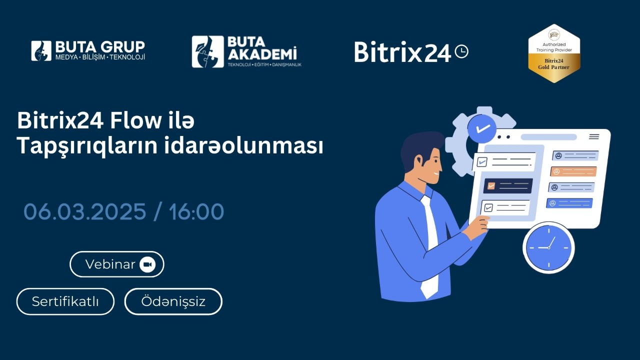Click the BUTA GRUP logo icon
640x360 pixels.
(41, 51)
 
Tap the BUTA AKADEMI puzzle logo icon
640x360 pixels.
(207, 51)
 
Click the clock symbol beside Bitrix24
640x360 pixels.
(461, 51)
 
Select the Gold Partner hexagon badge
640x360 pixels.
(554, 53)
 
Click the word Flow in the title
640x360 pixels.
(135, 120)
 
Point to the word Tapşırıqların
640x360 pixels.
(87, 145)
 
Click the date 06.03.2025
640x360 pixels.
(85, 211)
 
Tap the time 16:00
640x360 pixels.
(196, 211)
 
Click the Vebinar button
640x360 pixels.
(117, 264)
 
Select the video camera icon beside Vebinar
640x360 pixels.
(147, 264)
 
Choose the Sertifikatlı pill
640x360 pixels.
(65, 301)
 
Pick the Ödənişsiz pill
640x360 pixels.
(173, 301)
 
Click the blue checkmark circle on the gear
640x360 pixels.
(482, 128)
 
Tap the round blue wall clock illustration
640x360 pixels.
(548, 247)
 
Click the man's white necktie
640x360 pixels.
(429, 246)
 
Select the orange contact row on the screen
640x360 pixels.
(573, 171)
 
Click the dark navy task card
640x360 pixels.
(508, 186)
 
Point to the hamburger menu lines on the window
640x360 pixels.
(594, 136)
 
